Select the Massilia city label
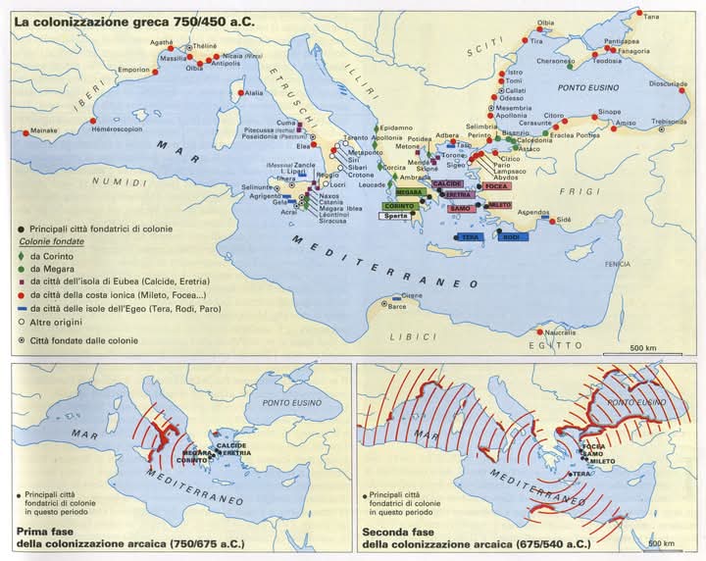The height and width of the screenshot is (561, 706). tap(173, 59)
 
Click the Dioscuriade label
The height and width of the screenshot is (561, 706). tap(668, 83)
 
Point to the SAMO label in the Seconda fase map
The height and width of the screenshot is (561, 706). tap(592, 453)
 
